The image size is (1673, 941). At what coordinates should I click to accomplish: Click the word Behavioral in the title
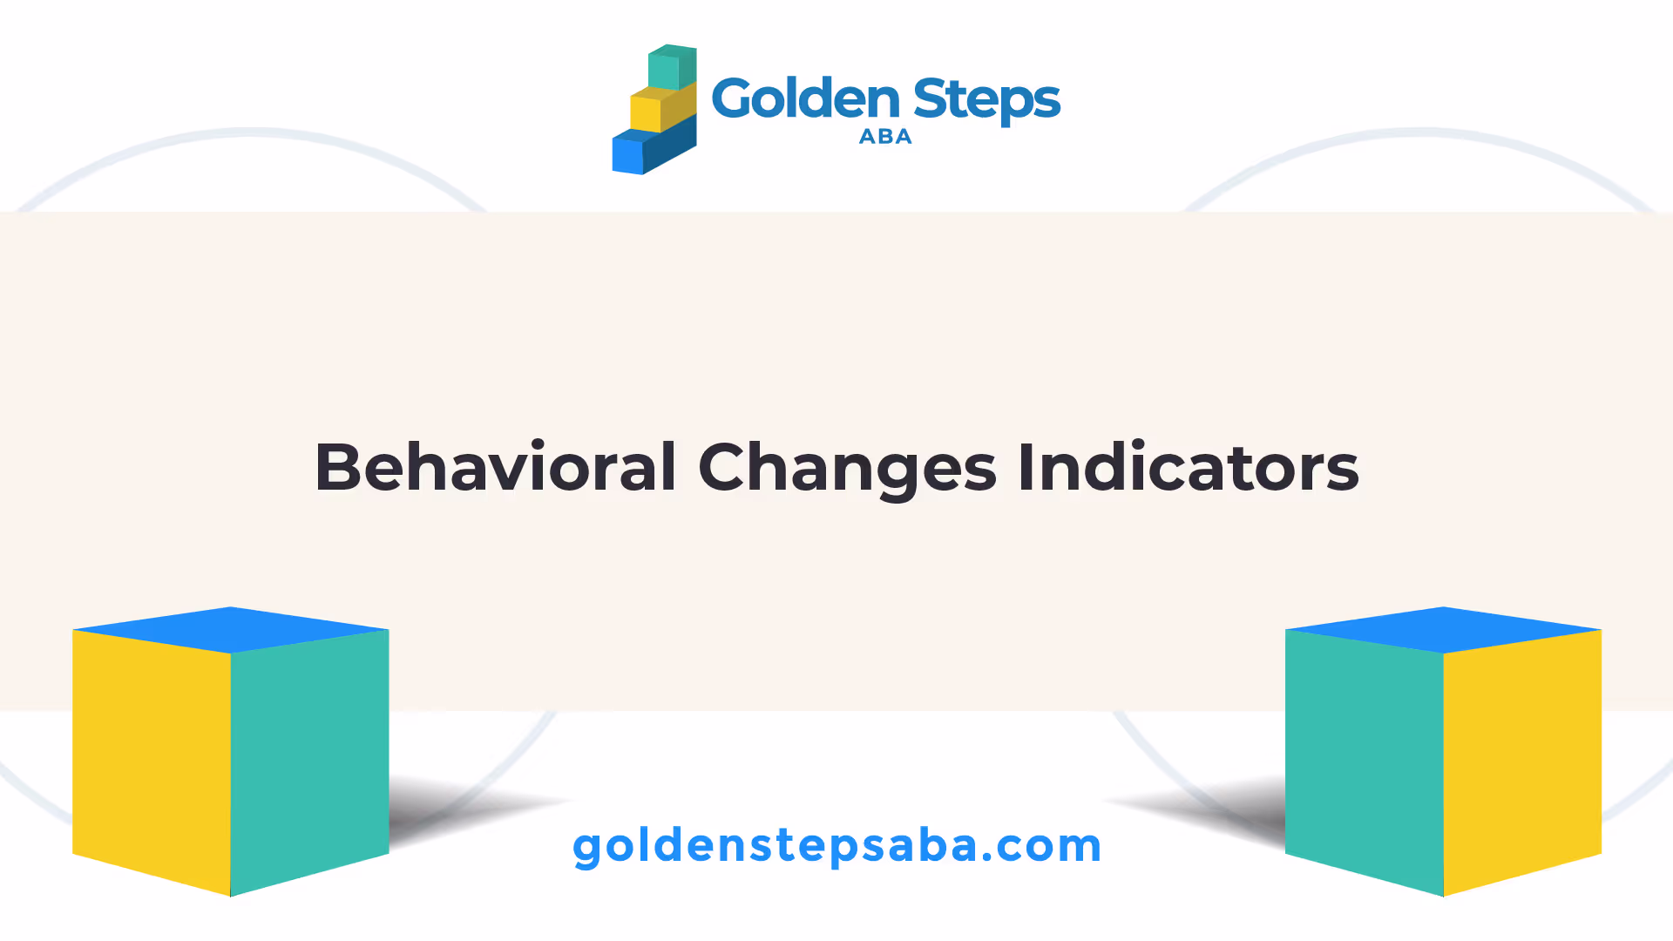496,467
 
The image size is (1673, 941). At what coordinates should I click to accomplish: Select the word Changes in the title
847,470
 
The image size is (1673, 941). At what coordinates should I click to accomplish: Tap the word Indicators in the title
1188,467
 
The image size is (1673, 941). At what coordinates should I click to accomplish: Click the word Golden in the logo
806,98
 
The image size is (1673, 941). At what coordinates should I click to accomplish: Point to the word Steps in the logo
987,101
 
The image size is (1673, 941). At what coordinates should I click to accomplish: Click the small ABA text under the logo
885,137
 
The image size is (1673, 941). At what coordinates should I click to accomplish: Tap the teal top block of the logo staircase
672,66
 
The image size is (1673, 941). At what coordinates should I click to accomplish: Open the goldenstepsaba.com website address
837,847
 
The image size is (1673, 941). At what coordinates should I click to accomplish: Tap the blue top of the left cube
231,630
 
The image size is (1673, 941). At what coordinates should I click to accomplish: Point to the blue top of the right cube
1444,630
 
